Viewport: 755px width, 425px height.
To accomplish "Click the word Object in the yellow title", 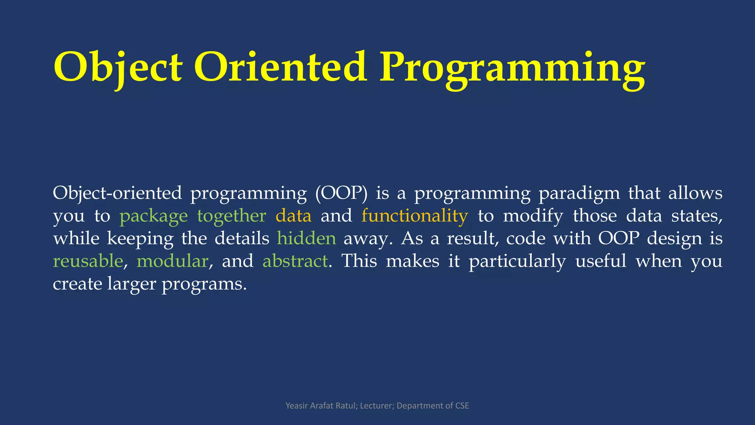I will (118, 67).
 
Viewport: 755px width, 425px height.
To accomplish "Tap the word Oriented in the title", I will (280, 67).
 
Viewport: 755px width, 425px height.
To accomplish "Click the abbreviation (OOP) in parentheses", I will (341, 193).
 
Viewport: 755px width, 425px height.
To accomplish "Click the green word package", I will (153, 217).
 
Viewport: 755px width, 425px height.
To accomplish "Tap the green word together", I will (232, 216).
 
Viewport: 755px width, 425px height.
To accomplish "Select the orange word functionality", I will (415, 216).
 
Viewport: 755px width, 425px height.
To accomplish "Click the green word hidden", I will (306, 238).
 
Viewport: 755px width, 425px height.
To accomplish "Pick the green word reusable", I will (88, 261).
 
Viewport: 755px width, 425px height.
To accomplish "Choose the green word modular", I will (173, 261).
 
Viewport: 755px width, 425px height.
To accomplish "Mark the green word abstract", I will (295, 261).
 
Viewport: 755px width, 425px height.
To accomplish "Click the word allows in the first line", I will (695, 193).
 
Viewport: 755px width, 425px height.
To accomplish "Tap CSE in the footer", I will (462, 406).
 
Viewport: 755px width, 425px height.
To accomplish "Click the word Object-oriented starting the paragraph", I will (117, 193).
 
